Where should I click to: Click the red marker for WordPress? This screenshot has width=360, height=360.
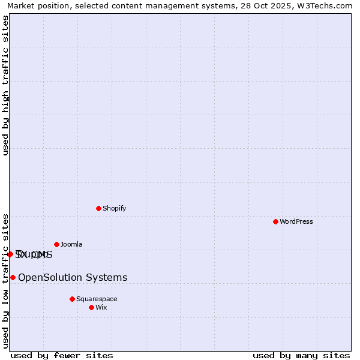click(275, 221)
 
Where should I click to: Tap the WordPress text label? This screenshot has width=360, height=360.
click(296, 221)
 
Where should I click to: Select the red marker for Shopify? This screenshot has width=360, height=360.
click(98, 208)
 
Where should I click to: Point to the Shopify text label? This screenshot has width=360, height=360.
click(115, 208)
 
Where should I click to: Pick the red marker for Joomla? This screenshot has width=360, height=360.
click(56, 244)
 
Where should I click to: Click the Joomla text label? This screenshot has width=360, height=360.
click(71, 244)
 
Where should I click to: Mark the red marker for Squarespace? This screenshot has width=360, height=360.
click(72, 299)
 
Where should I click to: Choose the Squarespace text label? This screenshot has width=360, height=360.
click(97, 299)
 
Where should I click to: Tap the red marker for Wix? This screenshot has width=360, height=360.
click(91, 307)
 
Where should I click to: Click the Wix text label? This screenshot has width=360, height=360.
click(101, 307)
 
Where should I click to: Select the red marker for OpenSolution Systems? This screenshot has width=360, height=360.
click(13, 277)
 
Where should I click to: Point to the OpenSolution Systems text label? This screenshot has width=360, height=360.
click(73, 277)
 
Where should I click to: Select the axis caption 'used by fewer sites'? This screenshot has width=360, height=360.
click(62, 355)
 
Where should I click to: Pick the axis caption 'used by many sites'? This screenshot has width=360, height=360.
click(301, 355)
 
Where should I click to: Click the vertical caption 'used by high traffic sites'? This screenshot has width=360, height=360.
click(6, 85)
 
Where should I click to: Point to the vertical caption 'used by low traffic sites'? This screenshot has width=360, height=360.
click(6, 280)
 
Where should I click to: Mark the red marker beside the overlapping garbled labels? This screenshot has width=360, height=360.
click(10, 254)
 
